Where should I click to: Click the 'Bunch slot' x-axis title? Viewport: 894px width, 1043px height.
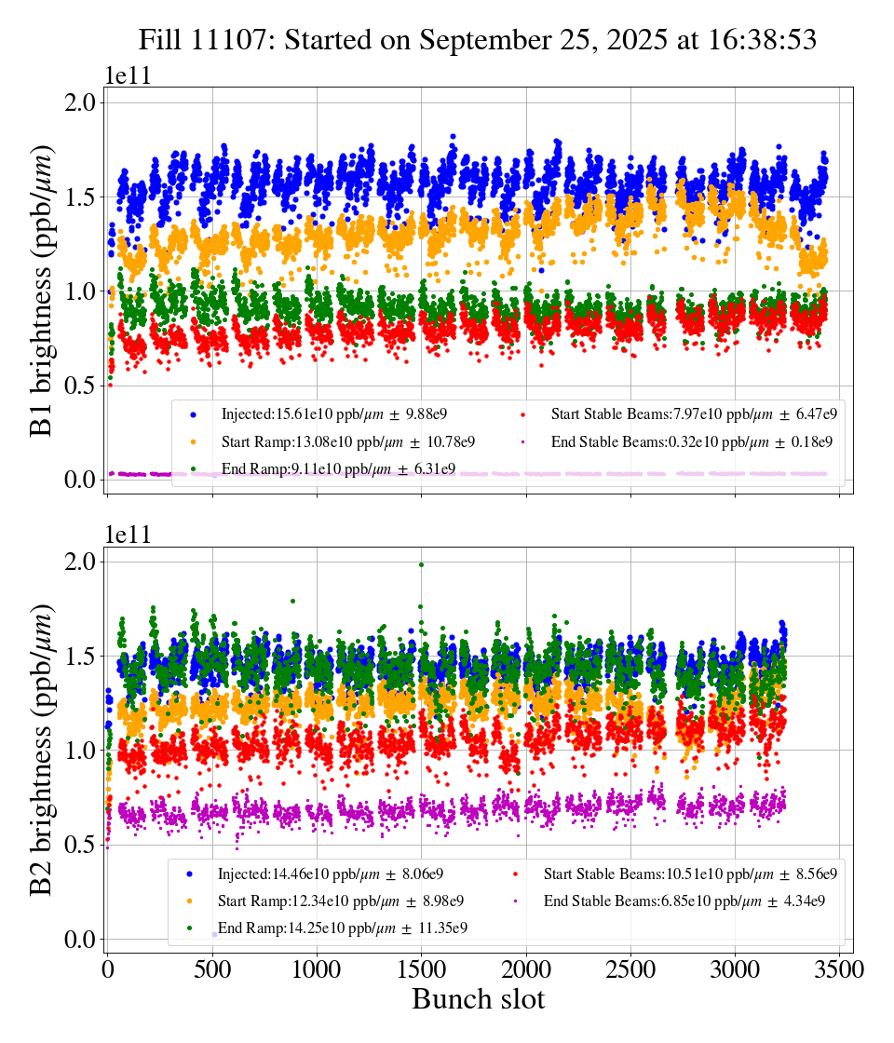[x=478, y=999]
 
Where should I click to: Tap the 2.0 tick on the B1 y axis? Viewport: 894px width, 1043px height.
[x=79, y=102]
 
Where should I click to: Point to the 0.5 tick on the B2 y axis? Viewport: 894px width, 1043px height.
[x=79, y=845]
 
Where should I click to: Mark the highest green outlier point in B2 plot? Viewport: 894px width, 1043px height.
[x=421, y=564]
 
